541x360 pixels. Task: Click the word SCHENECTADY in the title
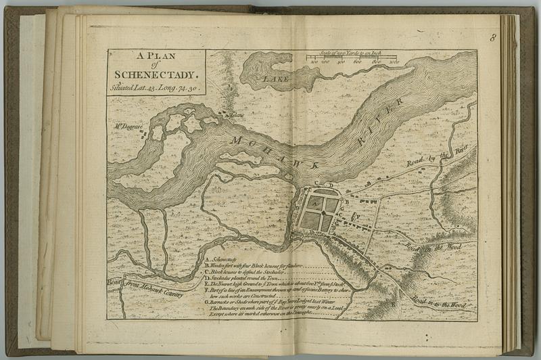point(156,76)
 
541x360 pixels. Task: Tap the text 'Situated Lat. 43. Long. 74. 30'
point(156,88)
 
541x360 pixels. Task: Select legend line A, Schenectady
point(219,259)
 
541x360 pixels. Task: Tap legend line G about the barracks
point(270,302)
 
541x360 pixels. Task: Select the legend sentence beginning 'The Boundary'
point(274,309)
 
